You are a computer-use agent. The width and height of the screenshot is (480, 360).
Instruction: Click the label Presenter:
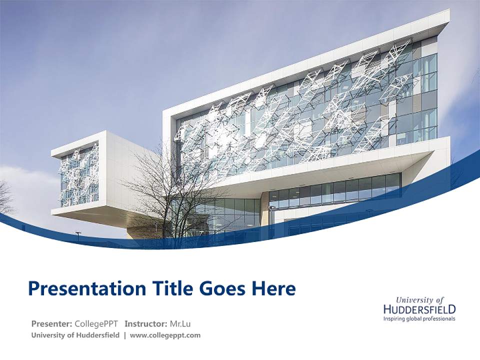point(52,323)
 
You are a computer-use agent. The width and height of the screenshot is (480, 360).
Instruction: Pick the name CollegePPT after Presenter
point(96,323)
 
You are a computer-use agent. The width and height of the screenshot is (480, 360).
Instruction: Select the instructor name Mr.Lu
point(180,323)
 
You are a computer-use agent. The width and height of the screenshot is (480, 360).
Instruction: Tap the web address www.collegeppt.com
point(165,335)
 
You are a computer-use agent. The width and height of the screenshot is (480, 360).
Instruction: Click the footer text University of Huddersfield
point(75,335)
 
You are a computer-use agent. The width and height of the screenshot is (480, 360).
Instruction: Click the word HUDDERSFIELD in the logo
point(419,309)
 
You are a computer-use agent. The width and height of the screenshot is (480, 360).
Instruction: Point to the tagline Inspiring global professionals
point(419,318)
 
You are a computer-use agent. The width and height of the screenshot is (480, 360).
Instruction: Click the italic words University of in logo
point(419,300)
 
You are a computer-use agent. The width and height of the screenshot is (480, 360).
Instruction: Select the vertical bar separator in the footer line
point(124,335)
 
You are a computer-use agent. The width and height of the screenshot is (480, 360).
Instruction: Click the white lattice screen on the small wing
point(78,175)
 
